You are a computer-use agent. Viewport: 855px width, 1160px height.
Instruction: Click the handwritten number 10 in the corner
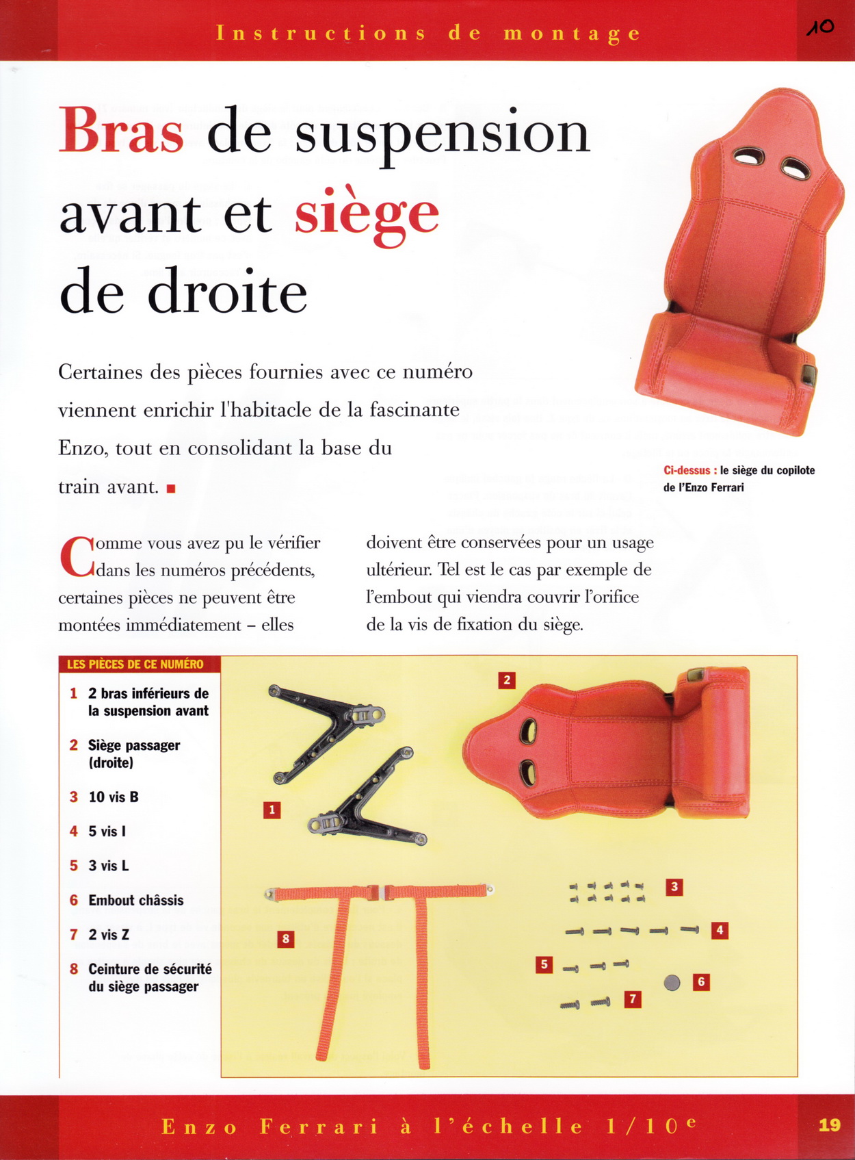[820, 27]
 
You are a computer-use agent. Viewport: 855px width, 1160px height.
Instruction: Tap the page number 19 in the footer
[830, 1125]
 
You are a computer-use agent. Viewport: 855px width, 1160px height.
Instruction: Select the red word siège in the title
[367, 216]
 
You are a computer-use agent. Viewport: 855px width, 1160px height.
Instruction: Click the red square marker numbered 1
[272, 810]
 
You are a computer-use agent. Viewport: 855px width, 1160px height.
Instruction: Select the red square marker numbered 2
[507, 680]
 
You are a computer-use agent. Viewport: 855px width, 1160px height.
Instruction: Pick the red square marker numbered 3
[674, 887]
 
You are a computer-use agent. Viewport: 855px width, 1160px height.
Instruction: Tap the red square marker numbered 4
[720, 931]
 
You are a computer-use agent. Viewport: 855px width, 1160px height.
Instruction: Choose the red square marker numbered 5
[544, 964]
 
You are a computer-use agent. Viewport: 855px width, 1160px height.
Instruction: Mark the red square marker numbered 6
[701, 982]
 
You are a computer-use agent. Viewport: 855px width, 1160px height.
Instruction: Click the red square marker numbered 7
[633, 999]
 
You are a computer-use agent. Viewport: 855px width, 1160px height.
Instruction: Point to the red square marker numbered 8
[285, 939]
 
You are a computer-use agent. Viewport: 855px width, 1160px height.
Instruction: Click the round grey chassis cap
[672, 982]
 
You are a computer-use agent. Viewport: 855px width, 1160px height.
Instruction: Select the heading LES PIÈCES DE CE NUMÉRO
[135, 664]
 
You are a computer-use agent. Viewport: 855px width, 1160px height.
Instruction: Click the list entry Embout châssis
[135, 900]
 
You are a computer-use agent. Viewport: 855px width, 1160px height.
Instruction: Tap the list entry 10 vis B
[114, 797]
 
